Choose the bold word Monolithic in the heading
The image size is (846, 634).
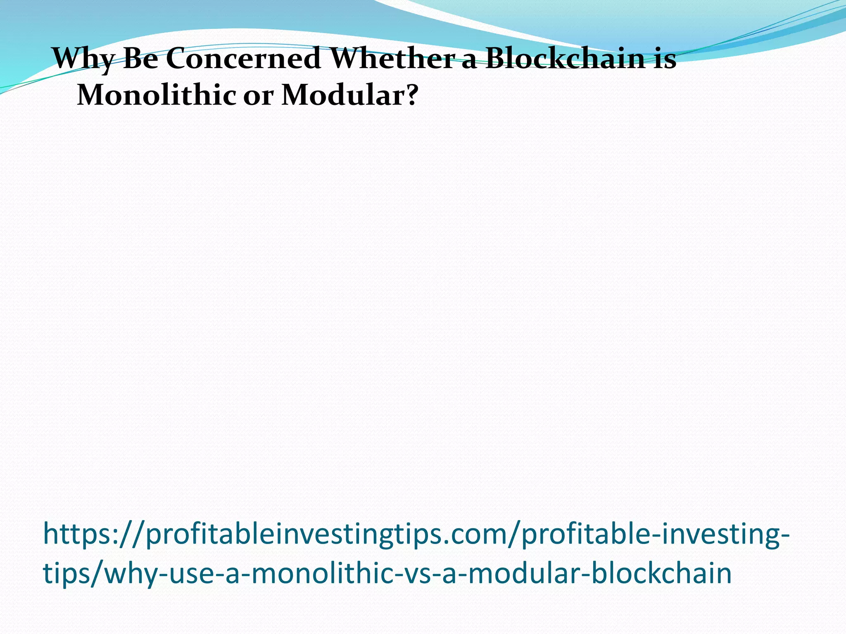(157, 95)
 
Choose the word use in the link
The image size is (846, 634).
(194, 574)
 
